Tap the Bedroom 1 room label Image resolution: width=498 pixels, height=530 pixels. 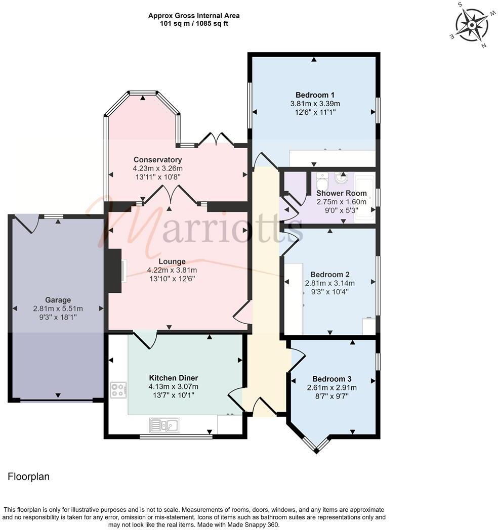(314, 95)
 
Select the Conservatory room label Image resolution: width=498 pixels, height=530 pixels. (157, 160)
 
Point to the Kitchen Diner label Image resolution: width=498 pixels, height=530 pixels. (173, 378)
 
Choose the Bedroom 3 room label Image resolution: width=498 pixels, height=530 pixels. (331, 379)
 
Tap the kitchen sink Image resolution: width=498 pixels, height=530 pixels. (164, 425)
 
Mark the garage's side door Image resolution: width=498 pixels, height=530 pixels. (28, 223)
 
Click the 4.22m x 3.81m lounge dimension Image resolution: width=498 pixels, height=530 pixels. (172, 270)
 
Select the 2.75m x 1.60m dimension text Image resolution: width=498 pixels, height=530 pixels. (335, 201)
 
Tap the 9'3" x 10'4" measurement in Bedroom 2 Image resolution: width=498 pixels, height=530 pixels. (329, 291)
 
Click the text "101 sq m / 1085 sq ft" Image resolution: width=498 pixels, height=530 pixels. (194, 23)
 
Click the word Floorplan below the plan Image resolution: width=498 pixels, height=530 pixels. (28, 476)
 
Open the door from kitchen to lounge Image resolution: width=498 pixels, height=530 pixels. (145, 340)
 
